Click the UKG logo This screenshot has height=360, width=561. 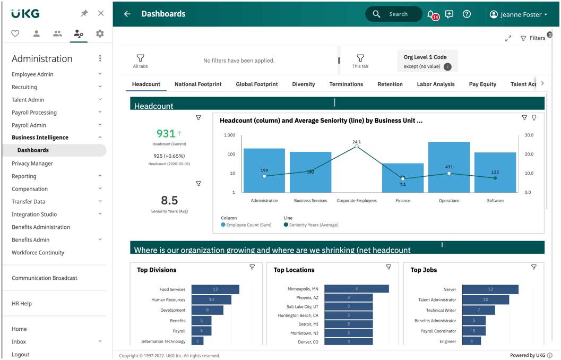pos(25,14)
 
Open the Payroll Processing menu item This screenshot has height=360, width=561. pos(34,113)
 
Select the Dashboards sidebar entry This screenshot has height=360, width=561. pos(33,150)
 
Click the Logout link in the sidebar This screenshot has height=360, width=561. pos(20,354)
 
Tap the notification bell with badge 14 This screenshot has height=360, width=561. pos(432,15)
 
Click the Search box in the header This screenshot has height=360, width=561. pos(394,14)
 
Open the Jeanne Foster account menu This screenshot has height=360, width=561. pos(519,14)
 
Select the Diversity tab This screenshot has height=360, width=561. pos(304,84)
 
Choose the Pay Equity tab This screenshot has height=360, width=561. pos(482,84)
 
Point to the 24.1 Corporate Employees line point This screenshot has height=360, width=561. pos(356,146)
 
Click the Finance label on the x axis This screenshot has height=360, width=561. pos(403,201)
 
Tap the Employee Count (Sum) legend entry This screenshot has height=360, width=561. pos(246,225)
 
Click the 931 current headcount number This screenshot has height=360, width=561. pos(166,133)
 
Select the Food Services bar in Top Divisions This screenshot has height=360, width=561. pos(215,289)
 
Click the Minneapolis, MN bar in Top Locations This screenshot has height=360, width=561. pos(357,288)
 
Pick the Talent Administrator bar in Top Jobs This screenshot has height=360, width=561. pos(486,299)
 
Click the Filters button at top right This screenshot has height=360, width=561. pos(533,38)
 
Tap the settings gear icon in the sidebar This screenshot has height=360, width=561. pos(100,33)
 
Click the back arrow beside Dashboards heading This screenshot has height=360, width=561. pos(127,14)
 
